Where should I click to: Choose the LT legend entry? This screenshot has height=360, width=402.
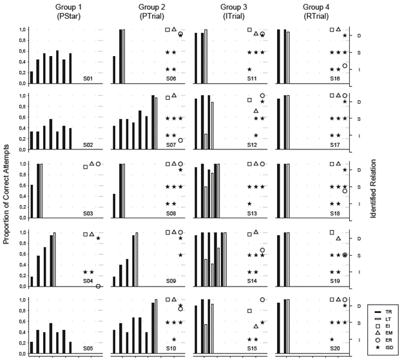coord(383,320)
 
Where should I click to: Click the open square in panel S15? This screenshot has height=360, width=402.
coord(249,311)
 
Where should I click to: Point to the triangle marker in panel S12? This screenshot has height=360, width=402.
coord(256,111)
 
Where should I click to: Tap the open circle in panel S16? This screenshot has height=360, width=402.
coord(345,66)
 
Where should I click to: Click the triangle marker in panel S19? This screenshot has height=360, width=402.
coord(338,238)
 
